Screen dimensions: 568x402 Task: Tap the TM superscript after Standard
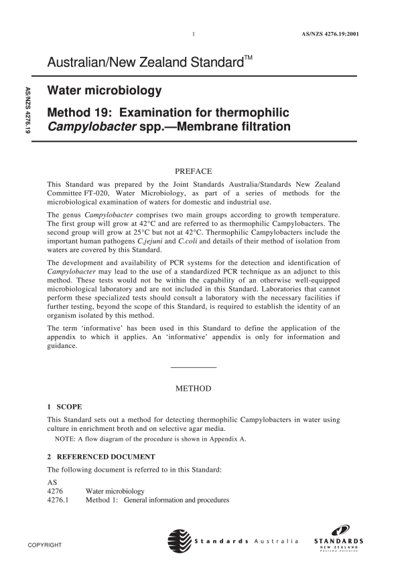point(247,58)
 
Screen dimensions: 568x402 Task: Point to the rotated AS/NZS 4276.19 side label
point(27,114)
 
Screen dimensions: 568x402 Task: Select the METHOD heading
point(193,389)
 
